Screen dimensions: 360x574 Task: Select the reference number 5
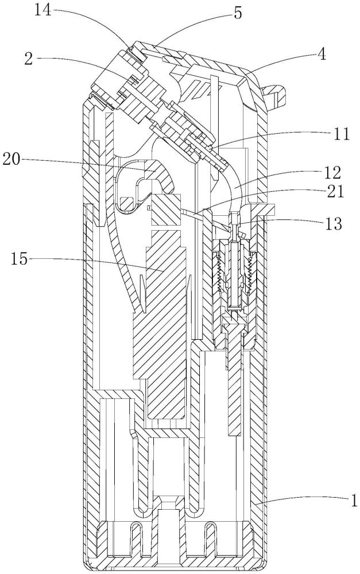pyautogui.click(x=238, y=13)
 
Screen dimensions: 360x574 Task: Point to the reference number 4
pyautogui.click(x=321, y=55)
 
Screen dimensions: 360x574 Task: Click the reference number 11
pyautogui.click(x=340, y=134)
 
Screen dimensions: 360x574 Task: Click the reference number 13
pyautogui.click(x=332, y=223)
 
